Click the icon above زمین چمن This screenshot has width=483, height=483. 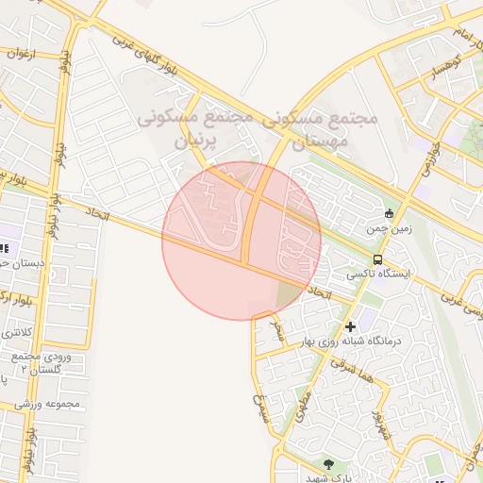coord(390,213)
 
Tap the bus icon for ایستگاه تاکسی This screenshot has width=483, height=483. coord(377,259)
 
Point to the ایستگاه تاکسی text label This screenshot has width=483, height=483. coord(378,274)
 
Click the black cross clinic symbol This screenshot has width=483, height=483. coord(350,326)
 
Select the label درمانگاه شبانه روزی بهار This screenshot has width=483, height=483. coord(350,341)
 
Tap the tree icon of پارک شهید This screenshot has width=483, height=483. coord(328,463)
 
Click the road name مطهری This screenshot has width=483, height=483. coord(302,411)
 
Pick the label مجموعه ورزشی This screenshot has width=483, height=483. coord(57,406)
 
